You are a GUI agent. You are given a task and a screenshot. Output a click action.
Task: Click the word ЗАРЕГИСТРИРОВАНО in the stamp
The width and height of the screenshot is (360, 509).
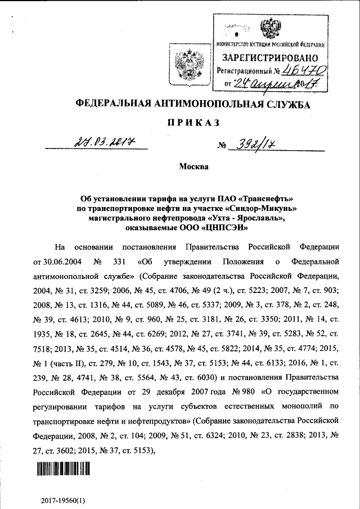point(270,57)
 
